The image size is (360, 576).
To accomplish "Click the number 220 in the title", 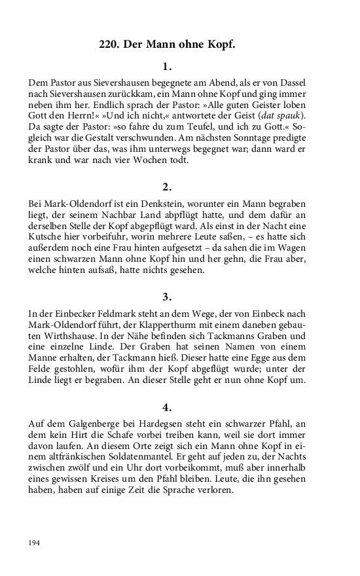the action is (x=109, y=45).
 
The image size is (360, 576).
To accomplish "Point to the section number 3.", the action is (x=167, y=297).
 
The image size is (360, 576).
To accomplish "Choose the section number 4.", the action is (x=167, y=406).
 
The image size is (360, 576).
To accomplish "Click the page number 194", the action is (x=35, y=543).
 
